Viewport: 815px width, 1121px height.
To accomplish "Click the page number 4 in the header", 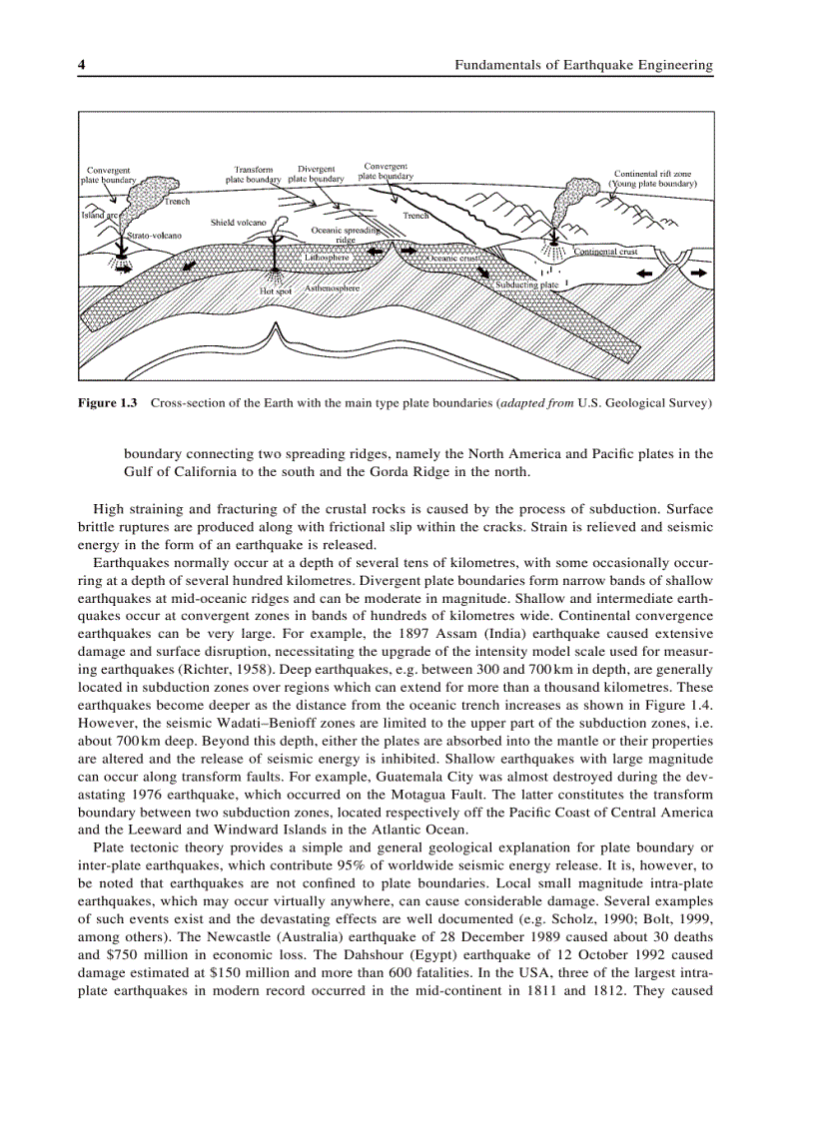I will [82, 66].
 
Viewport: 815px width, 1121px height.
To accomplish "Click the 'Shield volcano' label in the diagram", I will [238, 222].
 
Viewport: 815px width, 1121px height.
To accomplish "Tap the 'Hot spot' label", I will [276, 291].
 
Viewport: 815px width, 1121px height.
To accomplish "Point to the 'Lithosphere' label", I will [326, 258].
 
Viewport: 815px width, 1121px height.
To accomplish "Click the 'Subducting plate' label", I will [526, 284].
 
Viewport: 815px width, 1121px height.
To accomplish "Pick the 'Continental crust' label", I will [605, 253].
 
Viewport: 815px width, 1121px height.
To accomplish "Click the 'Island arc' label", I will [100, 215].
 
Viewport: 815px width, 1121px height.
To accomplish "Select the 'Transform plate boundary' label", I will [253, 175].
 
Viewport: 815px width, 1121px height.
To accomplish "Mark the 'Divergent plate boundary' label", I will [316, 174].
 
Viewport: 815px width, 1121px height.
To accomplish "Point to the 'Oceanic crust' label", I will [454, 259].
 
